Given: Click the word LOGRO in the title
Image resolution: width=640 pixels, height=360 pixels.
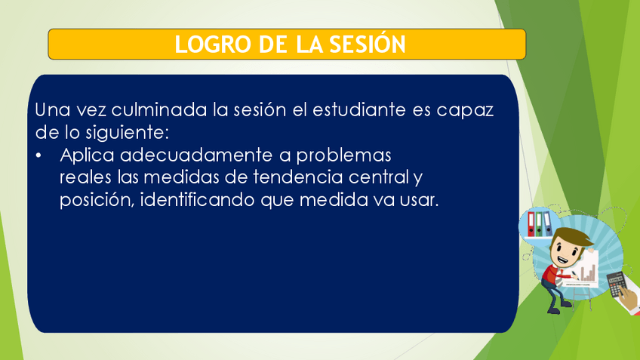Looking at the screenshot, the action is pos(213,45).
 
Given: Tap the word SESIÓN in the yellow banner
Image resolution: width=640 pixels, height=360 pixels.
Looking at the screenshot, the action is pos(368,43).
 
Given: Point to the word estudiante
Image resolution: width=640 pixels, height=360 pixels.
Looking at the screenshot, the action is pos(359,109).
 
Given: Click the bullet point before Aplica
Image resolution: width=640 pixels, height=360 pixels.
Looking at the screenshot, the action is pos(38,156).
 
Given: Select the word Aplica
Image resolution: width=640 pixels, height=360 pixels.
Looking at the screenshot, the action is pos(87,155).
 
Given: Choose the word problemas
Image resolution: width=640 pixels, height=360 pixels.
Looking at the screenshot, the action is pos(343,155).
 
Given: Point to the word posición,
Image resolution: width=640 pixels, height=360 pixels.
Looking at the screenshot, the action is pos(97,201).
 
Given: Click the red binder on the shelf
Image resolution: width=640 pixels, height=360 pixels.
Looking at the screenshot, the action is pos(531,224).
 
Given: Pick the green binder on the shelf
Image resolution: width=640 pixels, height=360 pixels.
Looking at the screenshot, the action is pos(539,224).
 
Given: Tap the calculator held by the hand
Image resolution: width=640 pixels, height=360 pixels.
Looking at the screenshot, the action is pos(617,285).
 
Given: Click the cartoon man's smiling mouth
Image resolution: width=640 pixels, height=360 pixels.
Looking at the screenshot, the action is pos(564,259).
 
